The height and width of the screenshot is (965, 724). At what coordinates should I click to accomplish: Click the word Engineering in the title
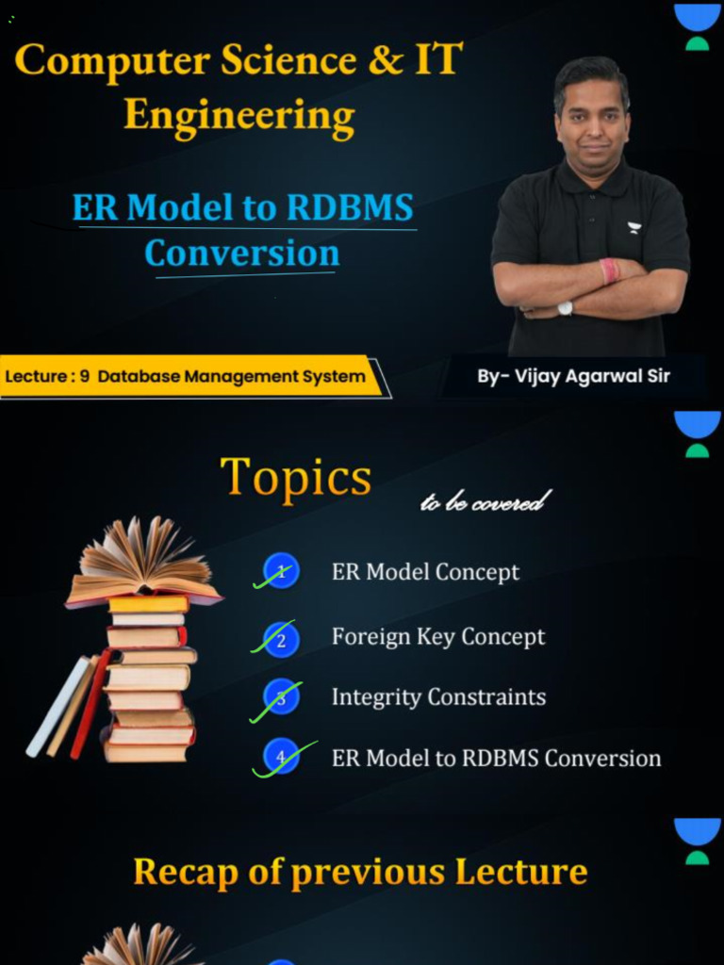[239, 117]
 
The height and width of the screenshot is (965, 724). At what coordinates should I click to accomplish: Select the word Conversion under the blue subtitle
[242, 253]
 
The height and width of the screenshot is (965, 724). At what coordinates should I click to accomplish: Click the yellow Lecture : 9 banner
[189, 377]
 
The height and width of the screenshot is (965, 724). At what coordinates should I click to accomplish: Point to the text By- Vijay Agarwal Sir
[573, 376]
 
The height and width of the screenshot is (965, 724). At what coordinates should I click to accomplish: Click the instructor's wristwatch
[565, 307]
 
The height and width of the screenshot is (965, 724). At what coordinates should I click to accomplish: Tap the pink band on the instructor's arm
[609, 271]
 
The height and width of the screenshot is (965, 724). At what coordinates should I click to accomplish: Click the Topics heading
[295, 478]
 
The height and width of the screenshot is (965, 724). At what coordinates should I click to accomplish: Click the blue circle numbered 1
[281, 571]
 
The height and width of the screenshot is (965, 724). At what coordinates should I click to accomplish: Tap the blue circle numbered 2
[281, 638]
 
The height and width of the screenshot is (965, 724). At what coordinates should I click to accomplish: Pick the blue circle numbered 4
[281, 757]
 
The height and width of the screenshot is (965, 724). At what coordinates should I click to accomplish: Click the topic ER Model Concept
[425, 572]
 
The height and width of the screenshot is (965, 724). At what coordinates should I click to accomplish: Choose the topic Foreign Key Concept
[437, 637]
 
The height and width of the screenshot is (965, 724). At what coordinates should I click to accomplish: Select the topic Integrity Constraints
[438, 697]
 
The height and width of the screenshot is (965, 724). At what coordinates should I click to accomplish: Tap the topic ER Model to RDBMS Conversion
[496, 758]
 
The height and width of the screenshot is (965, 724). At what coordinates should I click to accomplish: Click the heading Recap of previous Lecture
[360, 872]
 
